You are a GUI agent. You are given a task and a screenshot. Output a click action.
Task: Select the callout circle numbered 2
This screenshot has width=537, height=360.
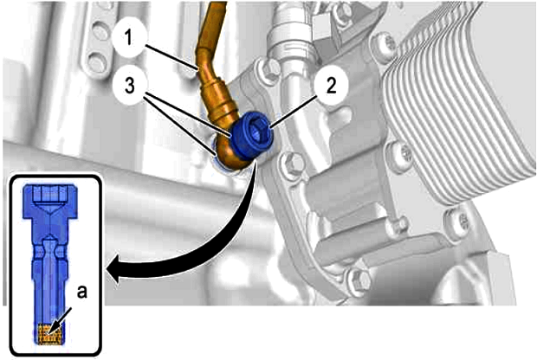[x=331, y=86]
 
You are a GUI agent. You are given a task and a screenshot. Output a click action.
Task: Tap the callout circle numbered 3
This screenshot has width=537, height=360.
[x=129, y=86]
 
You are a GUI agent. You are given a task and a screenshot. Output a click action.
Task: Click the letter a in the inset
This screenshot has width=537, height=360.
[x=81, y=292]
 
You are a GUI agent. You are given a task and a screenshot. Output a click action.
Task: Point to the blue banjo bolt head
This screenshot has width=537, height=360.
[x=252, y=136]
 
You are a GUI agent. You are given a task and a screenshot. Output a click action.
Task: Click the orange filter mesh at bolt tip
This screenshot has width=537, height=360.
[x=49, y=333]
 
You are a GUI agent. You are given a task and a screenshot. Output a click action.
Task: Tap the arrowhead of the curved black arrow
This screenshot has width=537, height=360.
[x=114, y=268]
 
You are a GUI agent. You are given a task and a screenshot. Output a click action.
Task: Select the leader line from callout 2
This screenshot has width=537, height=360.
[x=293, y=111]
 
